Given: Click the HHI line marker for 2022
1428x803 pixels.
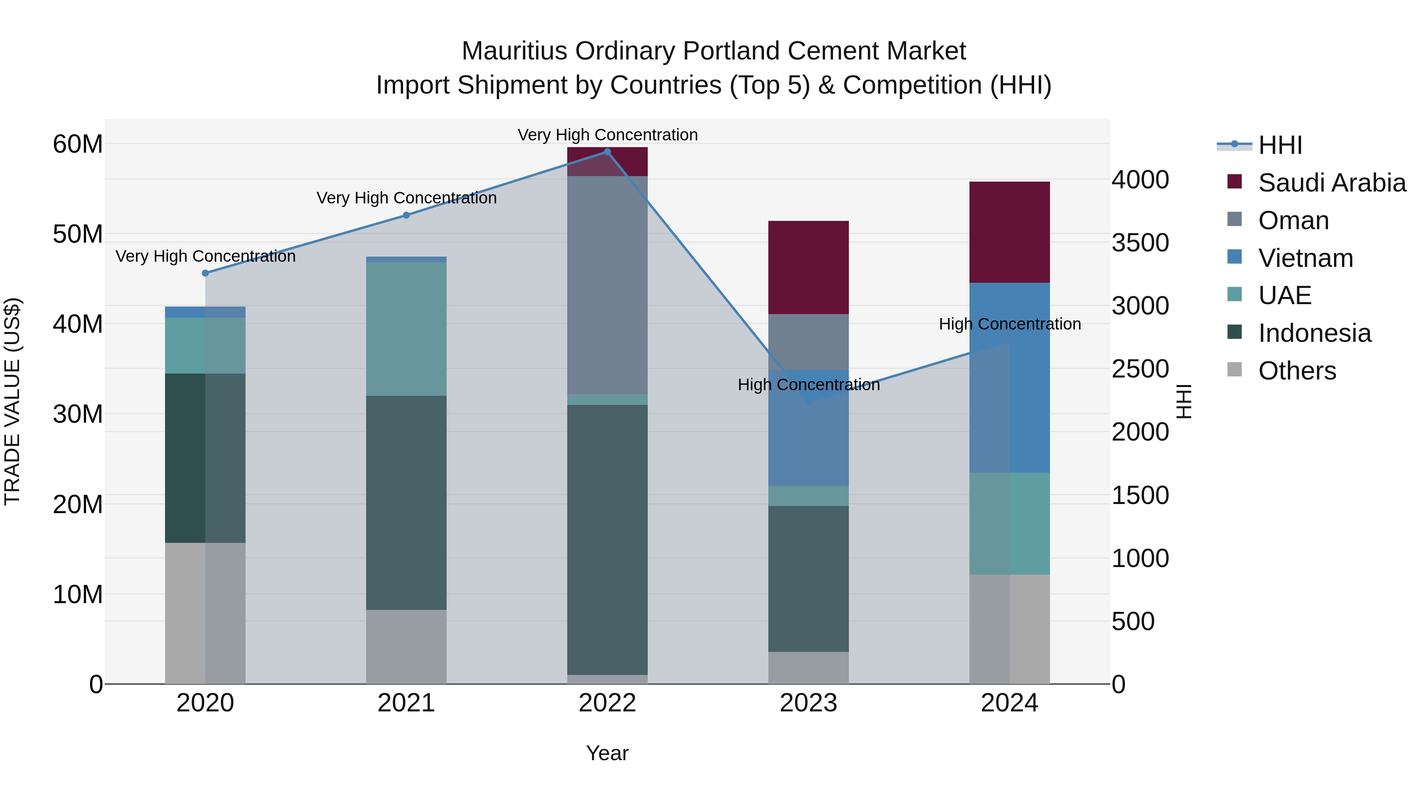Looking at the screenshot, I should (x=607, y=152).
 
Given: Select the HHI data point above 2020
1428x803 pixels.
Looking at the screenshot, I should (x=205, y=273).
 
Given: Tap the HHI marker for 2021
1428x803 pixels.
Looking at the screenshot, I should (x=406, y=215).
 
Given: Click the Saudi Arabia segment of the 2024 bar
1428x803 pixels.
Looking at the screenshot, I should (x=1010, y=232).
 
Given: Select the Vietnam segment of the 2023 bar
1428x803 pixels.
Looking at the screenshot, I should (x=808, y=428).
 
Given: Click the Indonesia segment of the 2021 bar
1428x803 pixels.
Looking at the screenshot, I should (x=406, y=503).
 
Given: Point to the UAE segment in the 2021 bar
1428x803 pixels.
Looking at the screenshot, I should (x=406, y=329).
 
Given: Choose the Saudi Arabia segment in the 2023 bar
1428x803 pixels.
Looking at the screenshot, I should (x=808, y=267).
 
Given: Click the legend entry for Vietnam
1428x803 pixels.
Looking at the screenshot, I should (x=1305, y=258).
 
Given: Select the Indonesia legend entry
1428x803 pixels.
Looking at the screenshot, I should (x=1315, y=333).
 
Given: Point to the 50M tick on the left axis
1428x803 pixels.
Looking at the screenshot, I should (x=78, y=234).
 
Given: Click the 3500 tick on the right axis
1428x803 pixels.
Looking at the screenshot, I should (x=1140, y=243).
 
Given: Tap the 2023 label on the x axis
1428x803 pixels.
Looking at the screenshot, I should (x=808, y=703).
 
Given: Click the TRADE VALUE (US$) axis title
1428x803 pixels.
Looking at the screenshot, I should (x=13, y=401).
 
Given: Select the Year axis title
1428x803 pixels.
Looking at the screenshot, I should (x=607, y=753).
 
